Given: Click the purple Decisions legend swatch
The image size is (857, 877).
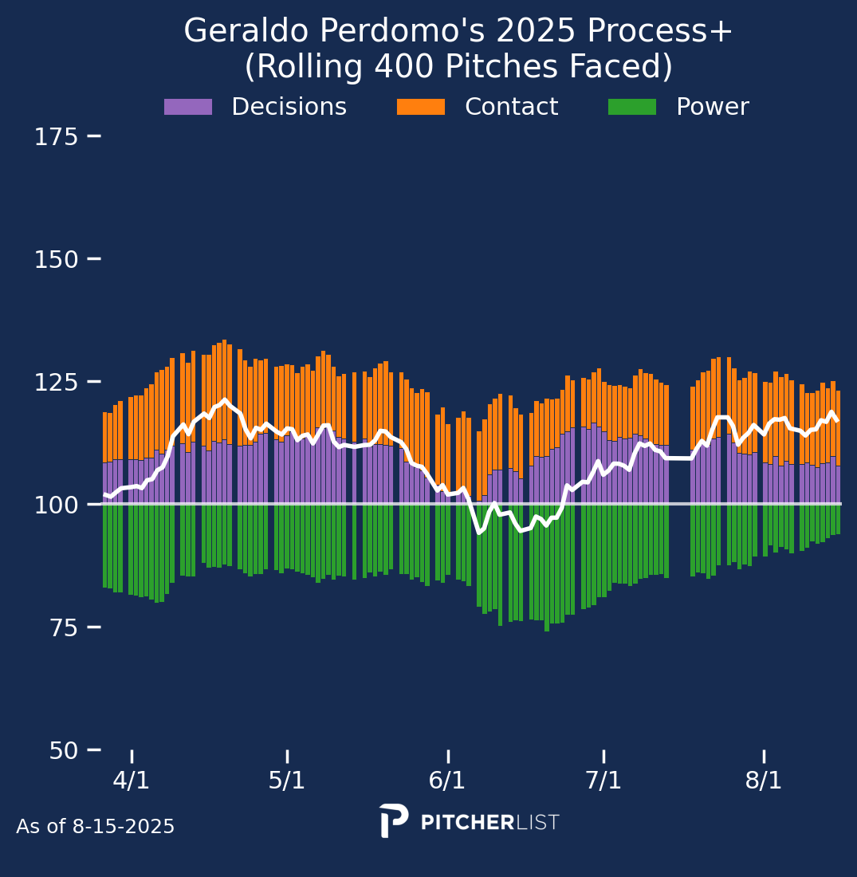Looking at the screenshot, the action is pos(188,107).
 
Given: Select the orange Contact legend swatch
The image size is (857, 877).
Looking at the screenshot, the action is pos(421,107).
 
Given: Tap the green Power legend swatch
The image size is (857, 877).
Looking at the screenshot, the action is pos(632,107).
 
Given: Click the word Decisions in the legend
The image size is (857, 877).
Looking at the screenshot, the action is pos(289,107).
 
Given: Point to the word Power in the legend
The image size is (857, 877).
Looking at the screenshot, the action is pos(713,107).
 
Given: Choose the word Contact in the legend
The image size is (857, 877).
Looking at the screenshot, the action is pos(512,107).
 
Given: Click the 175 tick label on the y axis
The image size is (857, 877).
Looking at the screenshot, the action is pos(56,137).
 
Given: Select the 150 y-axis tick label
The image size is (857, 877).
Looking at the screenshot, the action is pos(56,260).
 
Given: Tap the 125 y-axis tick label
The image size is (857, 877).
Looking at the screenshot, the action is pos(56,383).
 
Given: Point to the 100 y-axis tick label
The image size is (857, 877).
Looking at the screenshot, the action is pos(56,505).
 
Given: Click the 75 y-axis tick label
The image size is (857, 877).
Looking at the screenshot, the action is pos(63,628).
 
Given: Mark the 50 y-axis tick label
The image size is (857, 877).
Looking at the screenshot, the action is pos(63,750).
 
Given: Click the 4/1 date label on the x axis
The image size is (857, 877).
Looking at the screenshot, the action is pos(132,781).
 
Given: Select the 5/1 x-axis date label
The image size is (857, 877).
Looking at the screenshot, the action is pos(287,781).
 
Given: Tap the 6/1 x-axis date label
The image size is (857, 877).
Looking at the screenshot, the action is pos(447,781).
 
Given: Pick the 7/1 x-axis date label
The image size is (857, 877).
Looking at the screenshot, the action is pos(603,781).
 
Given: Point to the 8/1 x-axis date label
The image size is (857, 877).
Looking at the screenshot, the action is pos(764,781).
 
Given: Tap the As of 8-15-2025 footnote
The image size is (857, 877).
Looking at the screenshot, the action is pos(95,826).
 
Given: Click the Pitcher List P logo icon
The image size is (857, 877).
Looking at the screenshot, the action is pos(394,820).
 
